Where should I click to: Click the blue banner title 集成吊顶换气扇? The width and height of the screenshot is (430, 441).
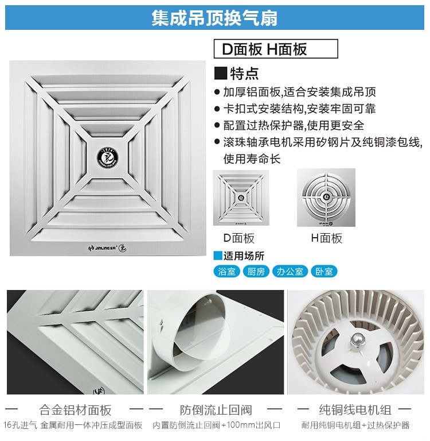[214, 18]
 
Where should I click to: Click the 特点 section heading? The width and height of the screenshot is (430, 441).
[244, 73]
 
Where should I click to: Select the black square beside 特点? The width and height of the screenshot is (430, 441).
[221, 73]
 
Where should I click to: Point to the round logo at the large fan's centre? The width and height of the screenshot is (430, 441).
[108, 157]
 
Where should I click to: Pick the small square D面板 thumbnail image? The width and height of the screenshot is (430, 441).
[241, 198]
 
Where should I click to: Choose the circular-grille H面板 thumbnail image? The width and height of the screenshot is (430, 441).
[326, 198]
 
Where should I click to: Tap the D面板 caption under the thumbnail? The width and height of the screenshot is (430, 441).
[239, 238]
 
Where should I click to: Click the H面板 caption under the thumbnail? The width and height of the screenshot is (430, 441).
[327, 238]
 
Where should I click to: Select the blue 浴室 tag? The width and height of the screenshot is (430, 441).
[226, 272]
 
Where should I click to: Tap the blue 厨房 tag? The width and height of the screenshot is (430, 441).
[256, 272]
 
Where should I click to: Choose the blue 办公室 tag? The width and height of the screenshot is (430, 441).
[290, 272]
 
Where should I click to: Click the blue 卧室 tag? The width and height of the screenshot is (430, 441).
[324, 272]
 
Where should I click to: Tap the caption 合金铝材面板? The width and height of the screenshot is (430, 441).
[76, 410]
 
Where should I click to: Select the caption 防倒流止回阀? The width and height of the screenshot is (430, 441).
[216, 410]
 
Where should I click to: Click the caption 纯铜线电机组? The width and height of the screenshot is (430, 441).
[355, 410]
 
